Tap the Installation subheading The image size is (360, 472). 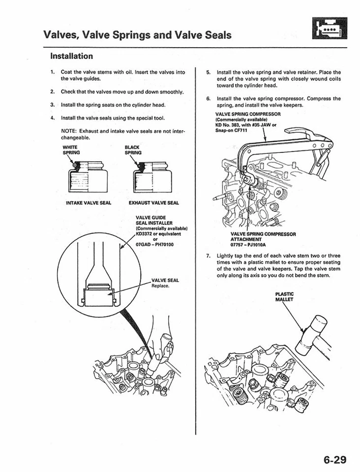(72, 56)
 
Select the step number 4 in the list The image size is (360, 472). (52, 118)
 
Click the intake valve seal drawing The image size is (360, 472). (90, 177)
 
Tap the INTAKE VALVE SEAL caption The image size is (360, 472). (89, 203)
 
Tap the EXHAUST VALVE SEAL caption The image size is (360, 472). (153, 203)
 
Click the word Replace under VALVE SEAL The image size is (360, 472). (160, 286)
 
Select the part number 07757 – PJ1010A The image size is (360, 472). (248, 244)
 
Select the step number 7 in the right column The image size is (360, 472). (209, 256)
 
